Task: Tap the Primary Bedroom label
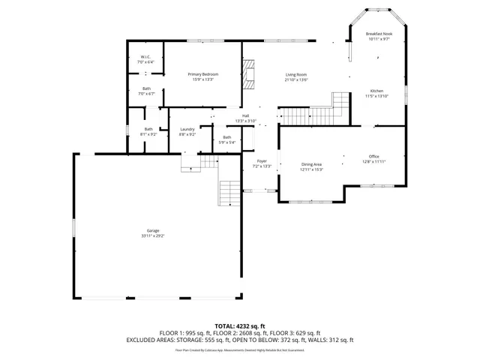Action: pyautogui.click(x=202, y=74)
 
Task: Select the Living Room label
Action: pyautogui.click(x=296, y=74)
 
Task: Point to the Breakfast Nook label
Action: pyautogui.click(x=379, y=34)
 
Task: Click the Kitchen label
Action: pyautogui.click(x=376, y=91)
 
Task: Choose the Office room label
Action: pyautogui.click(x=373, y=156)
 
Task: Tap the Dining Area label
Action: pyautogui.click(x=311, y=164)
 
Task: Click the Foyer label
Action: pyautogui.click(x=262, y=161)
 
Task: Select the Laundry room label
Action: pyautogui.click(x=187, y=130)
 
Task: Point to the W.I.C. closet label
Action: pyautogui.click(x=146, y=58)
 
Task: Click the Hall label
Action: pyautogui.click(x=245, y=115)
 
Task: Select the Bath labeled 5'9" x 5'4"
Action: pyautogui.click(x=226, y=137)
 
